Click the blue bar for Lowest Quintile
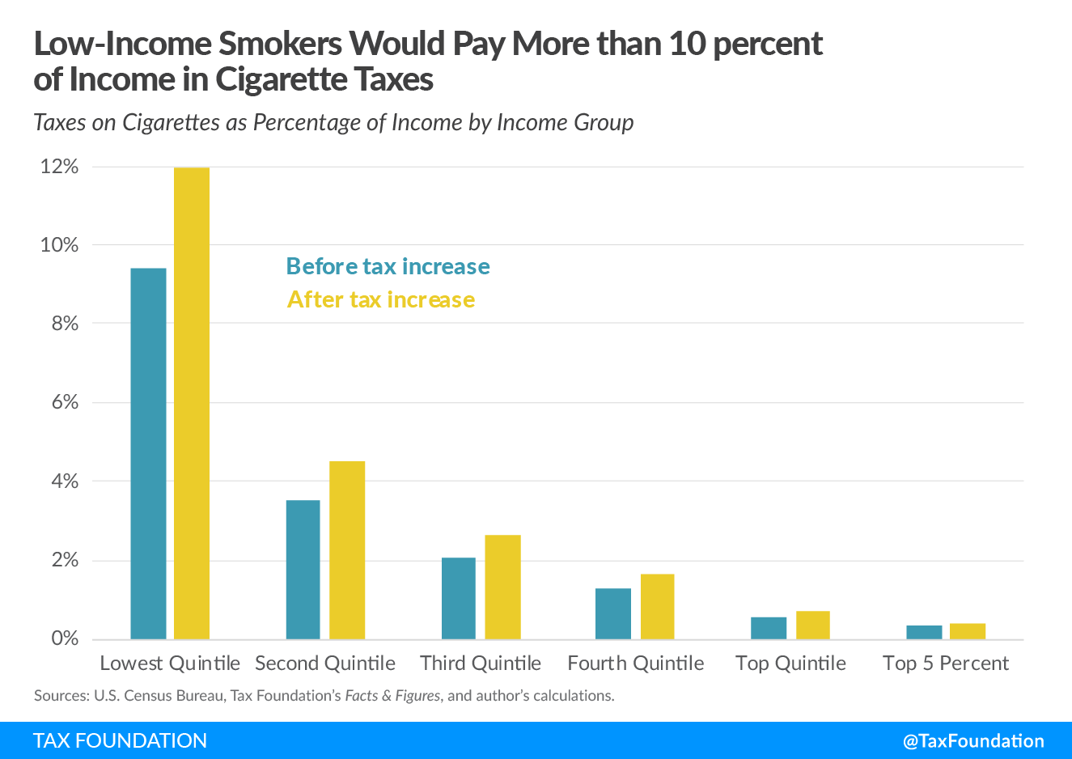point(148,453)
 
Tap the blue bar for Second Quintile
point(303,570)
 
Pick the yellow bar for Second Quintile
point(347,550)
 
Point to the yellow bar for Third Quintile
point(502,587)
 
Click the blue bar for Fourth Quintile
point(613,613)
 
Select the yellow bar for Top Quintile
point(812,625)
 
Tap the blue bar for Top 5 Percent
point(924,632)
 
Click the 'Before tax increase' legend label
point(388,266)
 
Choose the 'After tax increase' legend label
point(380,299)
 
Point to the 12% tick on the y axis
point(59,167)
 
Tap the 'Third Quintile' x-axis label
point(481,664)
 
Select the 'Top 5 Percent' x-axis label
point(945,664)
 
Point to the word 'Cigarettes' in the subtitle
point(172,122)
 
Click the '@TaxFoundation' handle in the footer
point(973,740)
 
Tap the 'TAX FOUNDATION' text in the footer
point(121,740)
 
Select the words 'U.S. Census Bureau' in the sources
point(159,696)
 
